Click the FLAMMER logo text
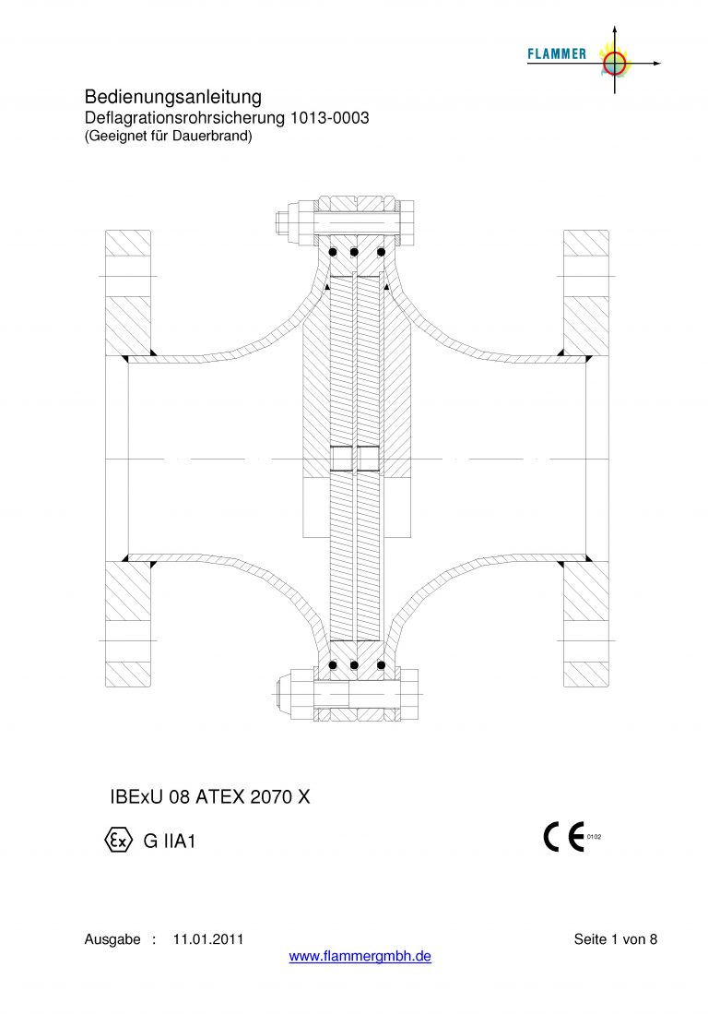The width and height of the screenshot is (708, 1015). tap(557, 54)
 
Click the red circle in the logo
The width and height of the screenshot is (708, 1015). tap(614, 63)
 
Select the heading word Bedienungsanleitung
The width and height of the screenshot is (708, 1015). tap(173, 98)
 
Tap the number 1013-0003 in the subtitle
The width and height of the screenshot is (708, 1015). tap(330, 118)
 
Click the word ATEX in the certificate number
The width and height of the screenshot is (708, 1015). tap(220, 797)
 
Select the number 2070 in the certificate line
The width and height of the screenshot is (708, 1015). tap(271, 797)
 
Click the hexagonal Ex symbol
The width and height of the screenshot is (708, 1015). tap(118, 841)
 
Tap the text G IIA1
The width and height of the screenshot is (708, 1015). tap(170, 841)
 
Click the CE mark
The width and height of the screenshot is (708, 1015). tap(563, 836)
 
